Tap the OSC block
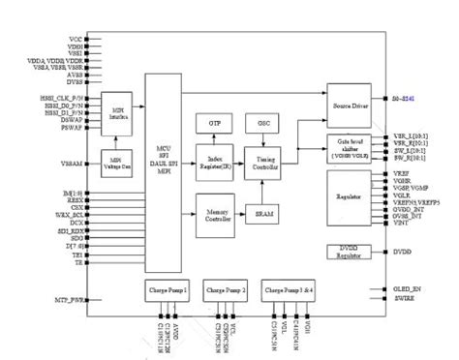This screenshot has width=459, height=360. pyautogui.click(x=261, y=123)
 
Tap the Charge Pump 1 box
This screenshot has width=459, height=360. pyautogui.click(x=168, y=289)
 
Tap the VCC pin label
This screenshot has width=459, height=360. pyautogui.click(x=75, y=38)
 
